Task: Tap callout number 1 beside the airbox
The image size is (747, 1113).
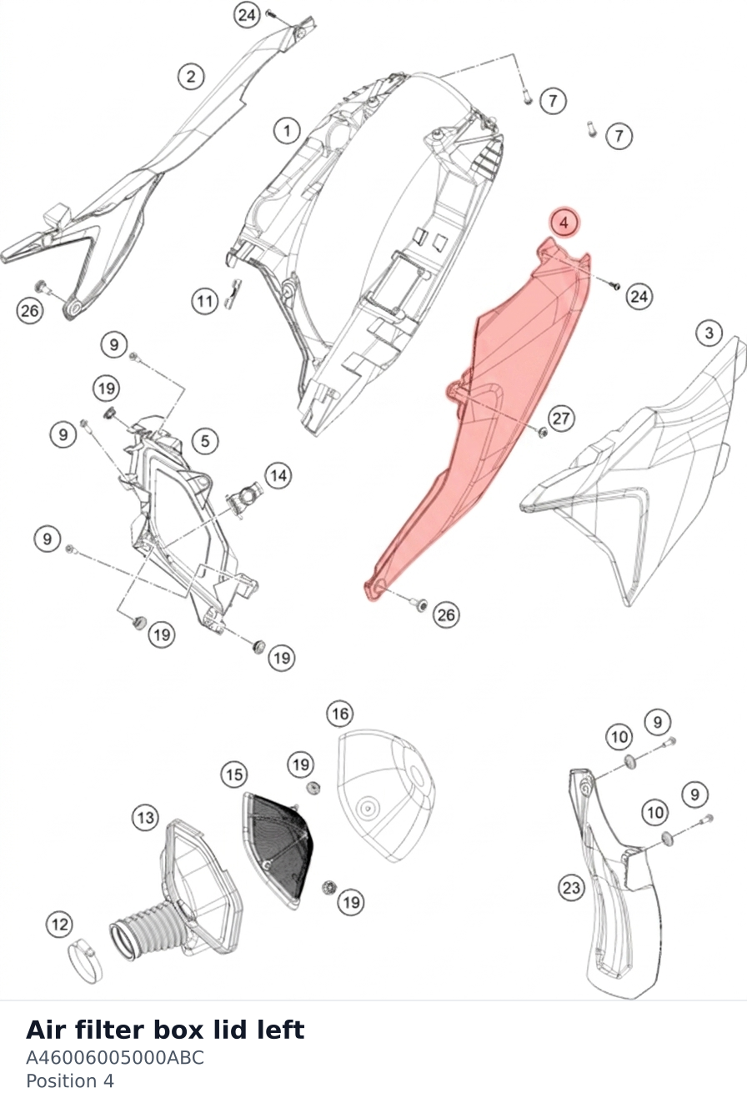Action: (287, 131)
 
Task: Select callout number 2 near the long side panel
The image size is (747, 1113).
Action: (191, 77)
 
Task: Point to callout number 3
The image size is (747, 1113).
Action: (709, 333)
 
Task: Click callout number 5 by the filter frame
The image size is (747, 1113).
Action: (205, 441)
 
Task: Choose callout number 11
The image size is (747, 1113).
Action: (205, 301)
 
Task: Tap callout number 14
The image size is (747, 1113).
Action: (278, 475)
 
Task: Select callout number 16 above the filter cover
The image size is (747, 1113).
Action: (340, 714)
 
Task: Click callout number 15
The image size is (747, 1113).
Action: (234, 775)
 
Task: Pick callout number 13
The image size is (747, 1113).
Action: (146, 817)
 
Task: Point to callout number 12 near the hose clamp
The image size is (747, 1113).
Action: (60, 925)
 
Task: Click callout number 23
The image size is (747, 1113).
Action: (572, 887)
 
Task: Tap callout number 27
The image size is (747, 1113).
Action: (561, 418)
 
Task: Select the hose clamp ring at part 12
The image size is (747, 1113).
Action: (84, 964)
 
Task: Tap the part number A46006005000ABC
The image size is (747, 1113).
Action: (115, 1057)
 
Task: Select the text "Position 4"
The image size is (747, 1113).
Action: (70, 1081)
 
